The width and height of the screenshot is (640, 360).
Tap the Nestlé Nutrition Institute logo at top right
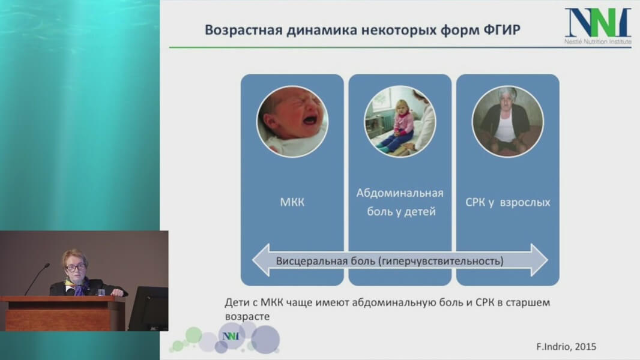[598, 26]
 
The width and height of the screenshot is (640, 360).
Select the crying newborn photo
[292, 121]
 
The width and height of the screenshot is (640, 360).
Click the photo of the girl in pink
[400, 121]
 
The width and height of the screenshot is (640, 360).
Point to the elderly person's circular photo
[508, 121]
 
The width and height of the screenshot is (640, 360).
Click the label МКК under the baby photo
[292, 202]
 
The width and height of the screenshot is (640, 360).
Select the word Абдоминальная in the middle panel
[400, 193]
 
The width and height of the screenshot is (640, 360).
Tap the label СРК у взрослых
[508, 202]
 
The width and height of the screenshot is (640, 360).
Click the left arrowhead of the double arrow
[261, 260]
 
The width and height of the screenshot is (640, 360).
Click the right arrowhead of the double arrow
[539, 260]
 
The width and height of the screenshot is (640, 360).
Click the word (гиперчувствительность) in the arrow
[441, 261]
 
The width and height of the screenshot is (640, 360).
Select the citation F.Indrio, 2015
[566, 347]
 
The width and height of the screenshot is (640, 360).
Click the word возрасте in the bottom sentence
[247, 317]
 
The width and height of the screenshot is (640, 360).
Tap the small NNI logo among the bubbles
[231, 336]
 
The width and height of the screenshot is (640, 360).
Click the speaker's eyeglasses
[75, 268]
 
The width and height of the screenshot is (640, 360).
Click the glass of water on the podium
[101, 292]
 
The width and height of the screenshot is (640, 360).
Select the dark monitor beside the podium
[148, 308]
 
